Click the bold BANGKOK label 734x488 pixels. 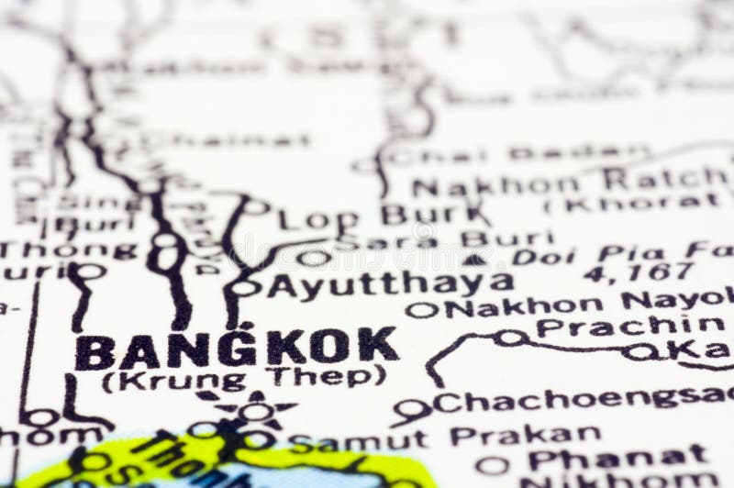(x=237, y=349)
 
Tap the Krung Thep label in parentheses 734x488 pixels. (x=243, y=377)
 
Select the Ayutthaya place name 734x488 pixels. (x=389, y=284)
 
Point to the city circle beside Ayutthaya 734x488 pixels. (x=245, y=288)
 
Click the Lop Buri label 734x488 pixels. (x=384, y=216)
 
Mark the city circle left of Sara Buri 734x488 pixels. (x=313, y=258)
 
